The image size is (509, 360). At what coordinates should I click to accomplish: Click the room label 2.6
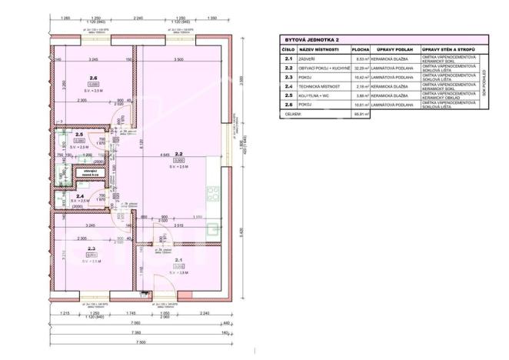point(93,78)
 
